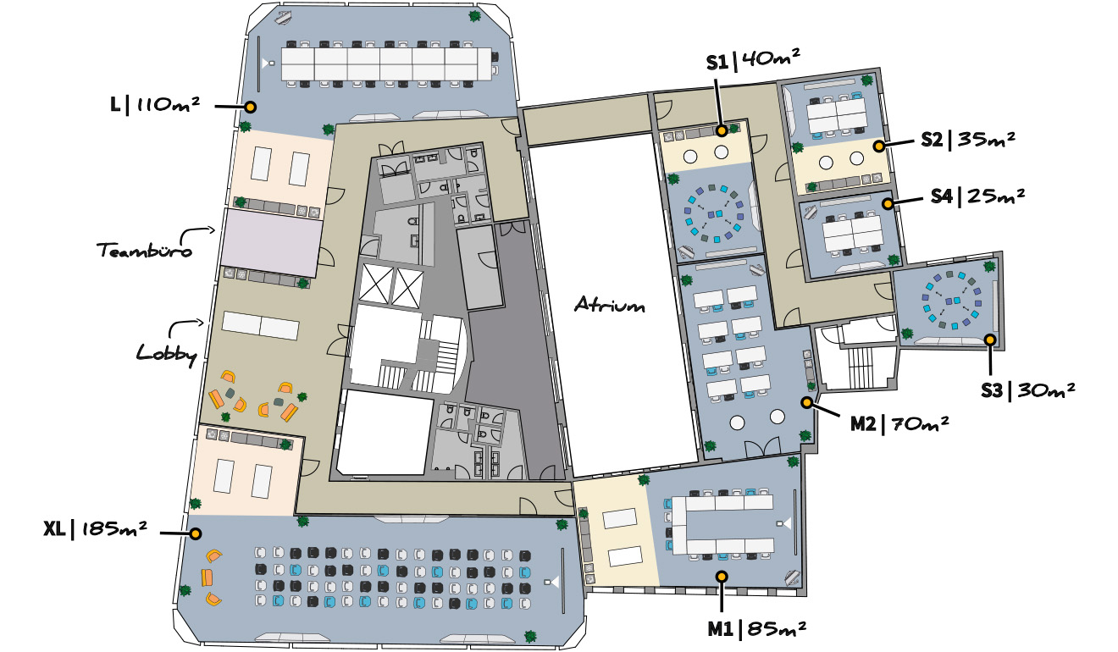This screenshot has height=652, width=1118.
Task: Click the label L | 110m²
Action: [x=155, y=105]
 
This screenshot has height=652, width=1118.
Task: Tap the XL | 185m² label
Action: [x=96, y=529]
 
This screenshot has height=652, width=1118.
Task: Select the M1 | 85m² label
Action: [x=756, y=629]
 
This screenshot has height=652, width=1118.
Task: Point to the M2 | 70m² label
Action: [x=899, y=424]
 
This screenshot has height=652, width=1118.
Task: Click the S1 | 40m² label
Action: [x=753, y=61]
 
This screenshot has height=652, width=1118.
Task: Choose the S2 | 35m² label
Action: [x=968, y=140]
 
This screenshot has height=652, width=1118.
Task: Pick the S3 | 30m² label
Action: [x=1027, y=390]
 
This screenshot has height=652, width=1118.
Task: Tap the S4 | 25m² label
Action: [x=977, y=196]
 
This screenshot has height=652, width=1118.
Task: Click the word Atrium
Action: [x=610, y=304]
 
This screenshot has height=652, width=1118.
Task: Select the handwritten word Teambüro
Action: [x=144, y=249]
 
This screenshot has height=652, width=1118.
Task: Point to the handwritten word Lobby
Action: [x=167, y=354]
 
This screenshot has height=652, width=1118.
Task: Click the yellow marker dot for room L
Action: [x=251, y=107]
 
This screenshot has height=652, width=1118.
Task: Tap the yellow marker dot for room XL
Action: [x=196, y=533]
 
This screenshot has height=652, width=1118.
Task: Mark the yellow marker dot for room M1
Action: [x=722, y=577]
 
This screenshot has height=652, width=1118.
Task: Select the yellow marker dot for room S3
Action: [x=990, y=340]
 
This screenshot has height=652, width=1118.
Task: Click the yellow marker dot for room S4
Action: [x=888, y=203]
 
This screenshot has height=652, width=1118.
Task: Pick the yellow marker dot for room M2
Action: [x=807, y=402]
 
